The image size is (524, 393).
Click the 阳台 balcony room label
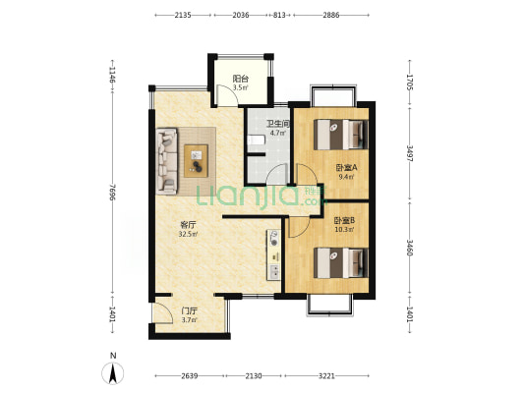pos(241,80)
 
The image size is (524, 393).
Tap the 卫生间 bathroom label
pos(277,124)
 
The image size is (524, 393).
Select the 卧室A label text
pos(347,168)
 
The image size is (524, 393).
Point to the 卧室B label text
pos(344,220)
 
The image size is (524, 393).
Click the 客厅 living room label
pos(188,225)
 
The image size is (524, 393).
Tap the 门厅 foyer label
pos(189,311)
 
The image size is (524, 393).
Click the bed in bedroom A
pos(340,135)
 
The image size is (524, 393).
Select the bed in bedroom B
pos(340,262)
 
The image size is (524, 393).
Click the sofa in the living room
pos(167,161)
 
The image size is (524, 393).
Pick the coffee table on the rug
pos(197,160)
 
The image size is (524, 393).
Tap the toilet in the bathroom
pos(256,140)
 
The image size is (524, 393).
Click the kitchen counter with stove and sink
pos(273,254)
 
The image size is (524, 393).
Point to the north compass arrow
pos(113,372)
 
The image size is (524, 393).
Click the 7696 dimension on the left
pos(112,193)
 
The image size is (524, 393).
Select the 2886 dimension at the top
pos(331,15)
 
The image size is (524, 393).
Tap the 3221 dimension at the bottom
pos(326,376)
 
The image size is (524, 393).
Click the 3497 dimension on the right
pos(410,153)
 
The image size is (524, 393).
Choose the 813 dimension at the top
pos(279,15)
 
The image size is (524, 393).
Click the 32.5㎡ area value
pos(188,234)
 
